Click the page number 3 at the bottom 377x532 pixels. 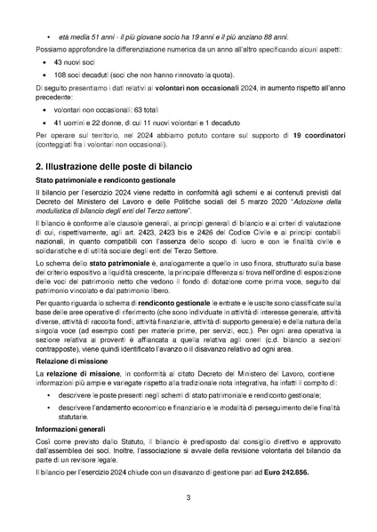coord(188,497)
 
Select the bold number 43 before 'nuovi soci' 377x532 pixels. coord(59,64)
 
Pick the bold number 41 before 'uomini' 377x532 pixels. coord(59,120)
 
